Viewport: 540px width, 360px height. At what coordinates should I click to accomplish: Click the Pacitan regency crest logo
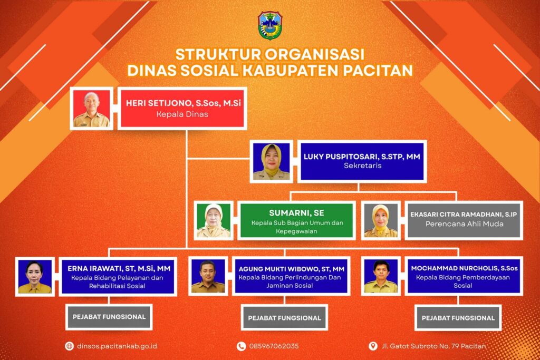(270, 25)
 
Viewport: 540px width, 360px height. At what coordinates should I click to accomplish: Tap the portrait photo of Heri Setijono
(91, 109)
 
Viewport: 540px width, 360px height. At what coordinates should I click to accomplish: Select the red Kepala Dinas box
(182, 109)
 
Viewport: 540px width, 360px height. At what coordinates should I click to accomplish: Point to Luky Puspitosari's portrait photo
(272, 161)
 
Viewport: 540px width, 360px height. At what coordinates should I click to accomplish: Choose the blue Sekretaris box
(362, 161)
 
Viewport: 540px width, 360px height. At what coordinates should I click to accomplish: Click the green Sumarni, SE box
(296, 221)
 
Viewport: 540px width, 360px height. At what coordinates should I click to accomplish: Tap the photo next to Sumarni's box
(214, 221)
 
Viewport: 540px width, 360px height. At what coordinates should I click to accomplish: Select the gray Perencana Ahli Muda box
(464, 221)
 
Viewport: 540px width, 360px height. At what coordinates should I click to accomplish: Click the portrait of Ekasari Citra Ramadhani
(381, 221)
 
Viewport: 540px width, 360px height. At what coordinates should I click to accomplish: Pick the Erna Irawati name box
(118, 276)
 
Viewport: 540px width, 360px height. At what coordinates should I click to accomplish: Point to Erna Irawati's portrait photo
(35, 276)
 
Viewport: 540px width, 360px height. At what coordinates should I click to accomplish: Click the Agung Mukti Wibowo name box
(291, 276)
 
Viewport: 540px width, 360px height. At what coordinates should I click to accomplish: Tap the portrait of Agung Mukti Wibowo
(208, 276)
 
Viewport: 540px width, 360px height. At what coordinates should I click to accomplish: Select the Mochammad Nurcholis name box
(464, 276)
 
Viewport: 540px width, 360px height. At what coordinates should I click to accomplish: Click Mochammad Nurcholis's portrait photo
(381, 276)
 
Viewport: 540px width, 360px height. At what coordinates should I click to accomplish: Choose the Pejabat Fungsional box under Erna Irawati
(109, 317)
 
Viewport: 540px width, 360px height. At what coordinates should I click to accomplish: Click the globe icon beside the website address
(69, 346)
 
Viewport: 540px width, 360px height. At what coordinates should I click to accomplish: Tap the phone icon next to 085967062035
(241, 346)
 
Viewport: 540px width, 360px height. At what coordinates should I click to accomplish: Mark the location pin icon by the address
(373, 346)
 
